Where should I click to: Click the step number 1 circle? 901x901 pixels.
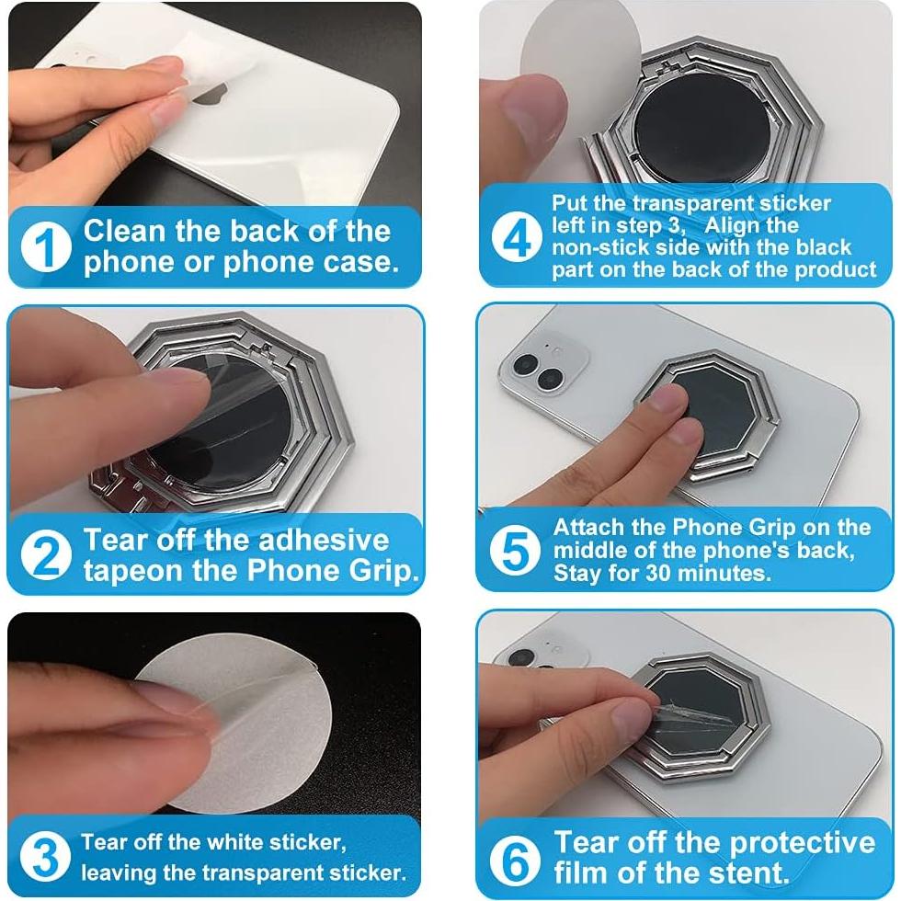[46, 247]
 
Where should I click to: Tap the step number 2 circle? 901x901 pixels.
[46, 554]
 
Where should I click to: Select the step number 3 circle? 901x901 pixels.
[45, 856]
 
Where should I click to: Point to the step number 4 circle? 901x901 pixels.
[517, 237]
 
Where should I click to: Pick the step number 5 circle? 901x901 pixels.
[515, 550]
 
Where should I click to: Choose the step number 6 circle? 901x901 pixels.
[515, 859]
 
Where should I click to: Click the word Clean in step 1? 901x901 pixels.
[124, 231]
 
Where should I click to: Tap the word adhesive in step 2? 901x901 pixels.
[324, 541]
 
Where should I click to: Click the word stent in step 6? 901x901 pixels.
[749, 872]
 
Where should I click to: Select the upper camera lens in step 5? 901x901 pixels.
[526, 364]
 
